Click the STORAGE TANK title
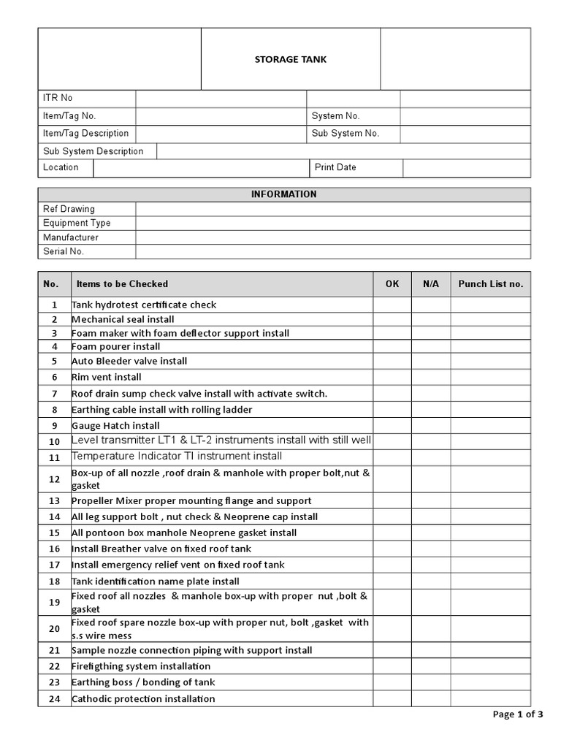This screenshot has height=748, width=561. pos(290,59)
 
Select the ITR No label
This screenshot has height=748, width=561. pos(58,98)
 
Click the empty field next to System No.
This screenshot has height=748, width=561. pos(465,116)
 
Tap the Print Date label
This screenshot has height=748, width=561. pos(335,167)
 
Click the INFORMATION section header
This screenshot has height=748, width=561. pos(284,194)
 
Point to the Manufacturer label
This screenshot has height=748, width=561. pos(70,237)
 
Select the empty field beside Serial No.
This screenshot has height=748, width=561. pos(333,251)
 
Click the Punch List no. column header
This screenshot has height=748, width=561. pos(490,284)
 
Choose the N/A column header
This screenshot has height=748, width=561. pos(430,284)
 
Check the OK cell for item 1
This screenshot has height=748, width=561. pos(392,305)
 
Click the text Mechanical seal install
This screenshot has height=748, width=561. pos(123,319)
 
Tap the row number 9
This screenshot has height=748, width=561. pos(54,426)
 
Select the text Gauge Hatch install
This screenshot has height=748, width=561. pos(115,426)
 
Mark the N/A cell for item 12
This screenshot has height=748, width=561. pos(430,479)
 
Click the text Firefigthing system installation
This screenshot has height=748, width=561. pos(141,666)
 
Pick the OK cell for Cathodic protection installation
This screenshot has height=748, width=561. pos(392,699)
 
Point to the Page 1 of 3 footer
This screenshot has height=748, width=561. pos(518,714)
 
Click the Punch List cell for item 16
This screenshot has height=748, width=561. pos(490,549)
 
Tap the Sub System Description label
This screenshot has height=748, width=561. pos(93,151)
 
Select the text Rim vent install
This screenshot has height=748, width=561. pos(107,377)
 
